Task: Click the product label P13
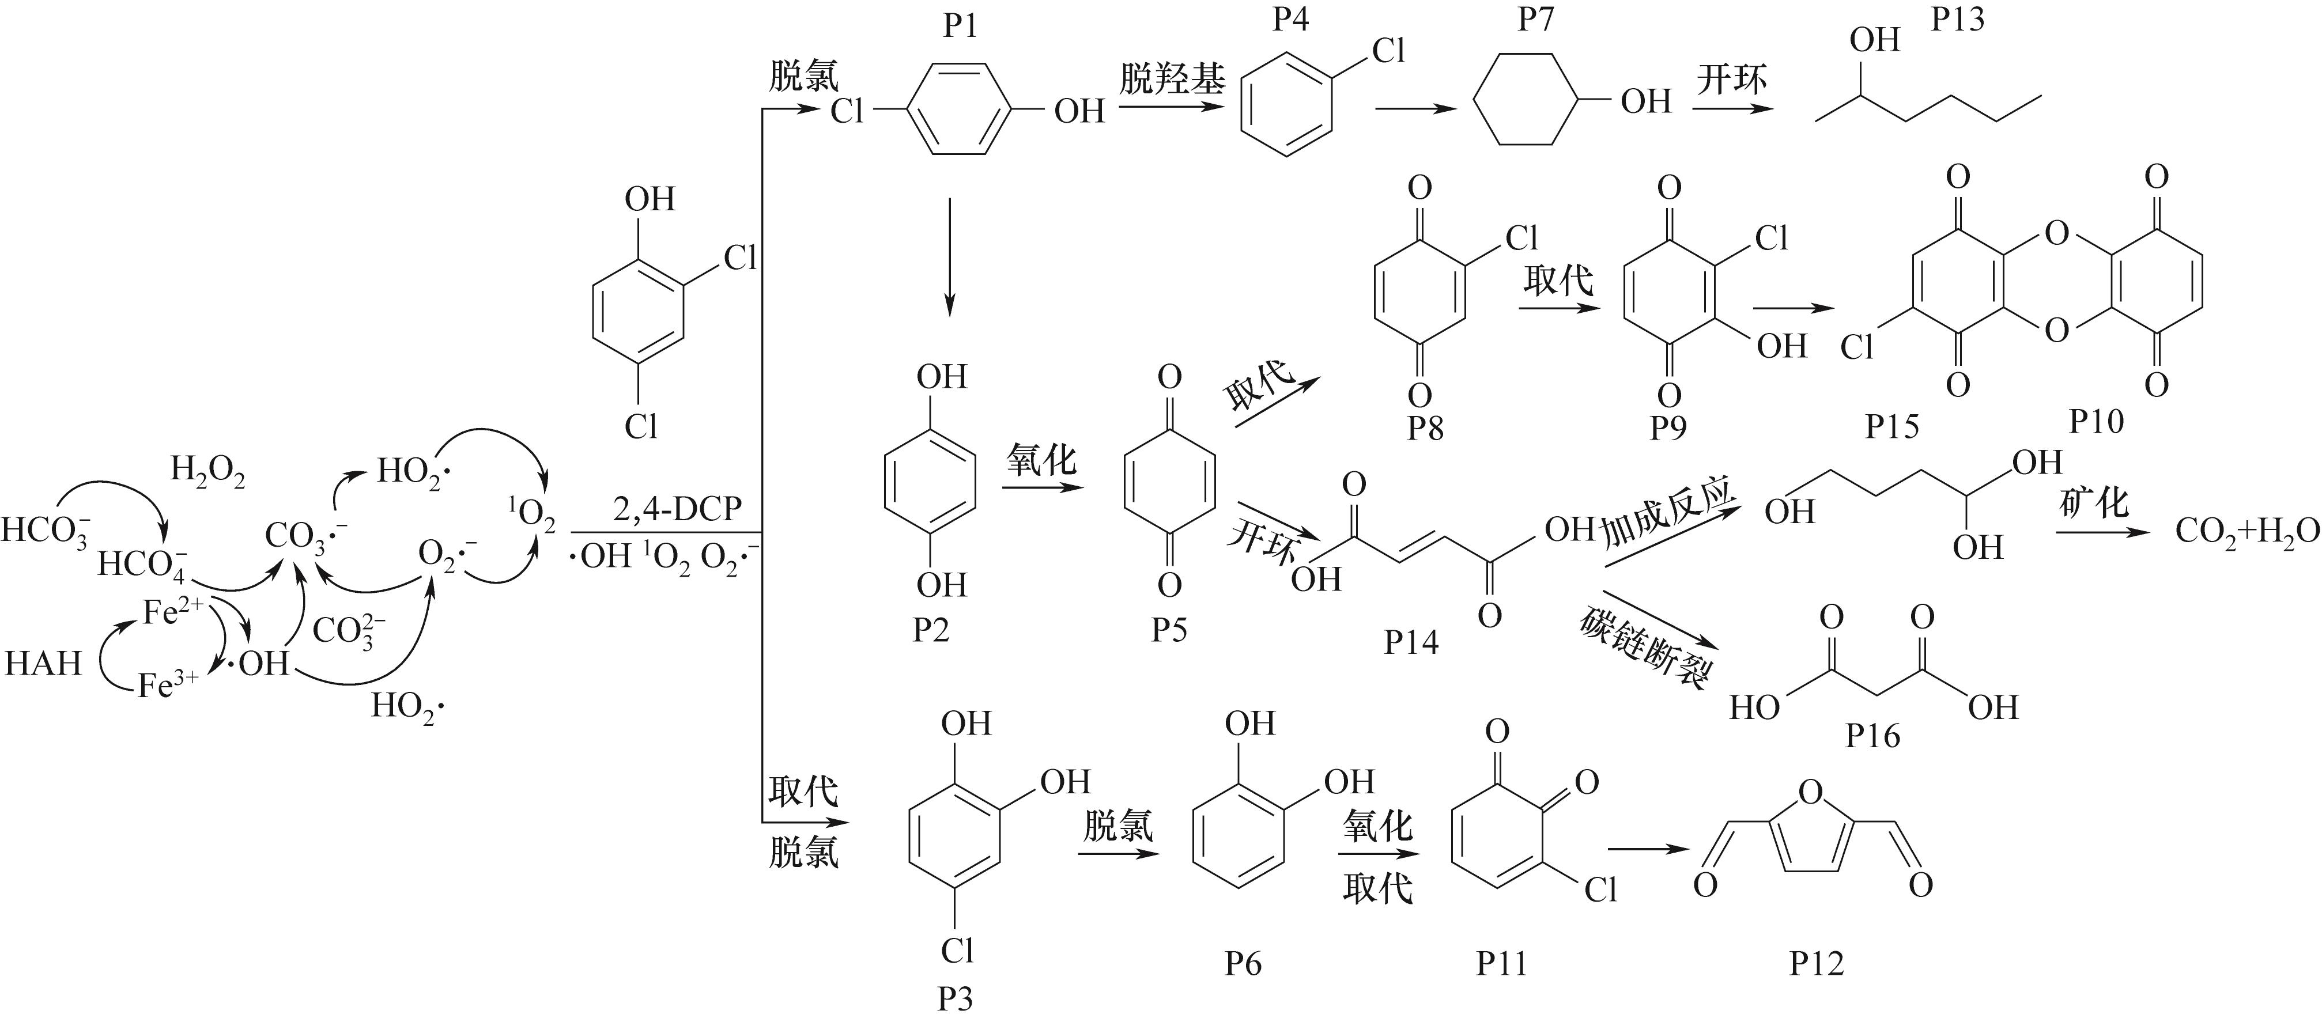click(x=1958, y=20)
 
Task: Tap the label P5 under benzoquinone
click(x=1169, y=630)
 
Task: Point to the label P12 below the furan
click(x=1817, y=963)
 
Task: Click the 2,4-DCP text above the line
click(x=678, y=510)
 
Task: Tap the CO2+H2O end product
click(x=2247, y=532)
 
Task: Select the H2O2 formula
click(x=207, y=471)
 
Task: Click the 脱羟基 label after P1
click(x=1172, y=80)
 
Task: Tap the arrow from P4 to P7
click(x=1415, y=109)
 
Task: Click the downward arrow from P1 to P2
click(x=949, y=257)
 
